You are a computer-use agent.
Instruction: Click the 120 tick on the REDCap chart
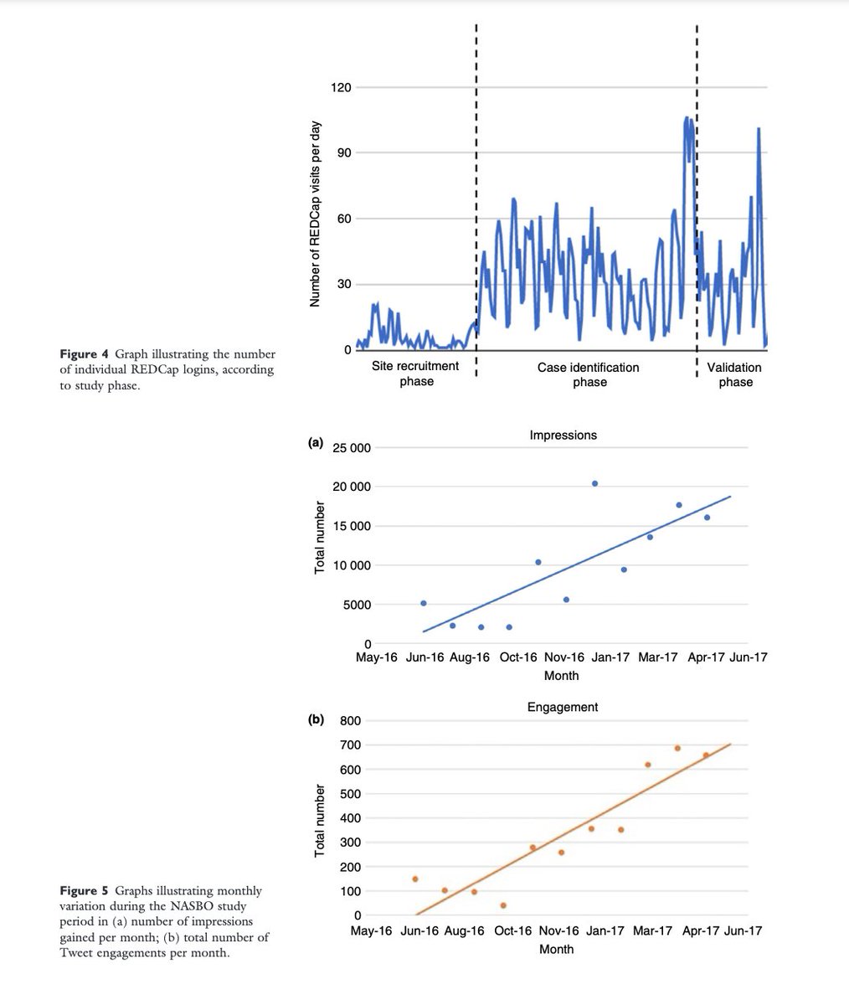pos(342,87)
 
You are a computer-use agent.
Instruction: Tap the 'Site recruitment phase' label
pos(416,374)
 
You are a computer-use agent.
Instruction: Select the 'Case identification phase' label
pos(589,374)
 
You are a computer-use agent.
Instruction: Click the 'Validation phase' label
pos(734,374)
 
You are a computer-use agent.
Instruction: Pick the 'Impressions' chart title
pos(563,435)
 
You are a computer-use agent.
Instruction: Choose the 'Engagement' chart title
pos(563,707)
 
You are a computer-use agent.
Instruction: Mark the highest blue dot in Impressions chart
pos(594,483)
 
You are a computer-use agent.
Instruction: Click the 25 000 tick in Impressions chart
pos(352,448)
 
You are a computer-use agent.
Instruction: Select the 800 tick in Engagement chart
pos(350,720)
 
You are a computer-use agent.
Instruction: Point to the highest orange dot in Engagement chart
pos(677,748)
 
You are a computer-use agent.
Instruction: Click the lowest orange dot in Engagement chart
pos(503,905)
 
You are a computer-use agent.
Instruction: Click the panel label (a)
pos(316,443)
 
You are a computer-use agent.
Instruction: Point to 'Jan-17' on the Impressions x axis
pos(610,657)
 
